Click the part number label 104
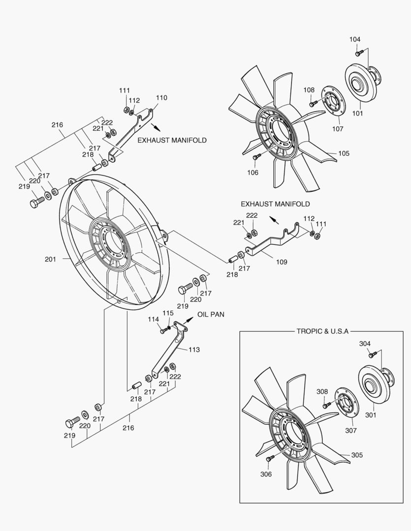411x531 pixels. click(x=355, y=39)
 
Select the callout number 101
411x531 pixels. click(x=357, y=114)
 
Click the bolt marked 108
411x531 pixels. click(x=313, y=103)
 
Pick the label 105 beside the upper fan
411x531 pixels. click(x=344, y=154)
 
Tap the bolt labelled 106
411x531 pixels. click(x=256, y=157)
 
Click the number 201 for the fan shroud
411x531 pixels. click(x=50, y=259)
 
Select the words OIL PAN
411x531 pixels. click(x=211, y=314)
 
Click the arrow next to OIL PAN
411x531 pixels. click(x=188, y=320)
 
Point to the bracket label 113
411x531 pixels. click(x=194, y=350)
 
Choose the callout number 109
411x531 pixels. click(x=281, y=263)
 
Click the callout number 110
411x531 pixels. click(x=161, y=98)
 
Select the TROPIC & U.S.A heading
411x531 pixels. click(x=322, y=331)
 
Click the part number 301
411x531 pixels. click(x=371, y=414)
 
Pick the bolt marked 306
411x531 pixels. click(x=269, y=458)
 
